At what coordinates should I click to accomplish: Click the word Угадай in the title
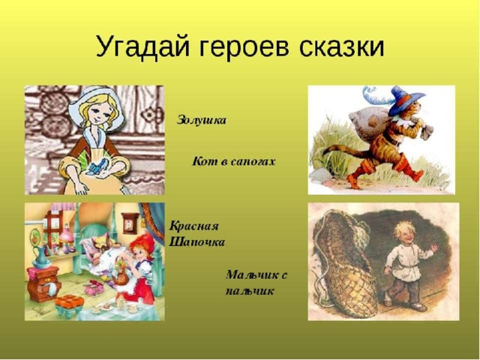(x=142, y=46)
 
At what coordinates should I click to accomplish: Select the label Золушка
(x=202, y=120)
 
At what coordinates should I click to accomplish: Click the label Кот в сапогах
(x=233, y=161)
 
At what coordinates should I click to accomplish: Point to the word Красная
(x=194, y=226)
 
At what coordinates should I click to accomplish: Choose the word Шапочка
(x=196, y=242)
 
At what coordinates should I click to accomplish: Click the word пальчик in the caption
(x=250, y=290)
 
